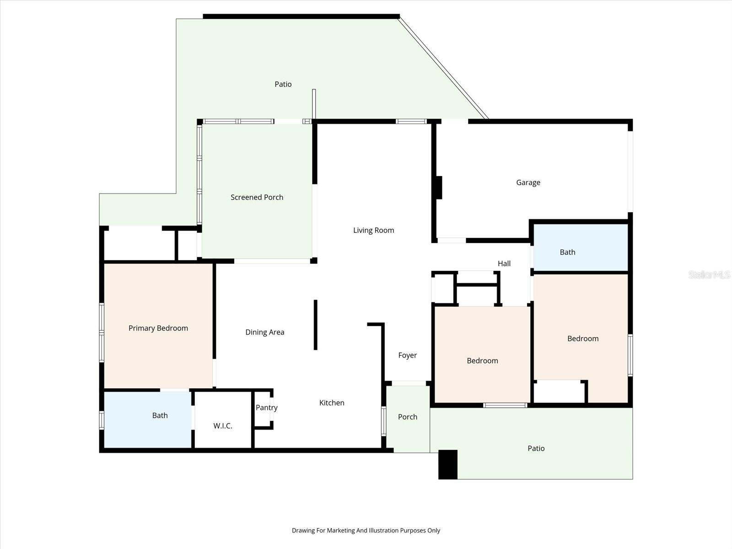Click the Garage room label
pos(528,183)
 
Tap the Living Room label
pos(373,230)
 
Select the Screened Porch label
pos(257,197)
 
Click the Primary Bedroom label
pos(158,328)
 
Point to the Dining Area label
pos(264,332)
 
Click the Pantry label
pos(266,408)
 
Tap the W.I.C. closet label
pos(223,426)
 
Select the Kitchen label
pos(332,403)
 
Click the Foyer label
pos(407,355)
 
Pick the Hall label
pos(504,264)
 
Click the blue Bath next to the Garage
pos(567,252)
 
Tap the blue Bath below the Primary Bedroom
pos(160,415)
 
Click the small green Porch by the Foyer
pos(407,417)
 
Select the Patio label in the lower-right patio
pos(536,448)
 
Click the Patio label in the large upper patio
pos(283,84)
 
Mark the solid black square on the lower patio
pos(448,465)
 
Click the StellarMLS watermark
pos(709,274)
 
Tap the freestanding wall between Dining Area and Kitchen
pos(316,325)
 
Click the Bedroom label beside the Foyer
pos(482,361)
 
